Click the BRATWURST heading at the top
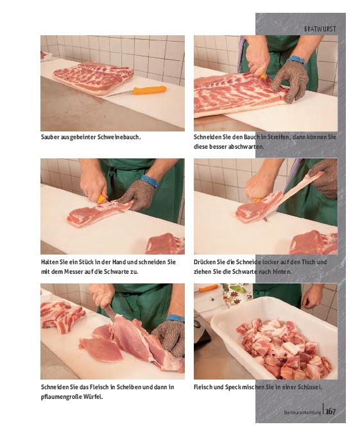point(320,29)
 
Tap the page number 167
point(330,411)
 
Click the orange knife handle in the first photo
point(150,90)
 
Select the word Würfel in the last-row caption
point(93,397)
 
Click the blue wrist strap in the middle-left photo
point(150,181)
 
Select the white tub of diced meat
point(274,338)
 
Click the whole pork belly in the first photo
point(94,78)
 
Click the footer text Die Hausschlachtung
point(302,412)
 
